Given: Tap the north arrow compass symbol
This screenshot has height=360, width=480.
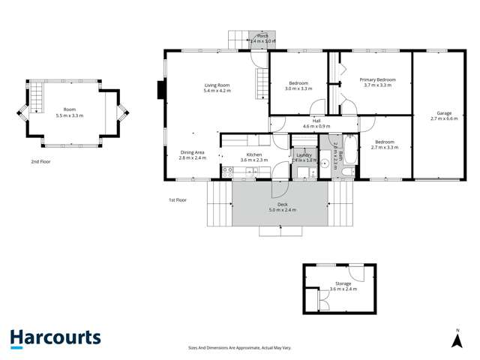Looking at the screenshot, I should pyautogui.click(x=455, y=340).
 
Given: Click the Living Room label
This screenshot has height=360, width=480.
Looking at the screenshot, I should pyautogui.click(x=217, y=85).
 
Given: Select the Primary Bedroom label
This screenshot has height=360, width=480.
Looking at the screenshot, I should pyautogui.click(x=376, y=79).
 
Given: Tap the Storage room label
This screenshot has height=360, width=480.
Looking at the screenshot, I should pyautogui.click(x=343, y=283).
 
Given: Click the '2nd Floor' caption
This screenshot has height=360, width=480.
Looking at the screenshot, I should pyautogui.click(x=40, y=161).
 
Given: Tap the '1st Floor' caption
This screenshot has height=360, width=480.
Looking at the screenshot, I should pyautogui.click(x=178, y=200).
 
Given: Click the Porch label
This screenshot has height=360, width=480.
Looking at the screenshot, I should pyautogui.click(x=262, y=36).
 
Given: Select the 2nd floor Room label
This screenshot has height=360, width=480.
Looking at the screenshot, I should pyautogui.click(x=70, y=109).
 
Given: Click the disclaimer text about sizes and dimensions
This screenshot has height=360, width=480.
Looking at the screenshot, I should pyautogui.click(x=239, y=347).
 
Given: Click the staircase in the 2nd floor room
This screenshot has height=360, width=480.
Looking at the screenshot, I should pyautogui.click(x=35, y=96).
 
